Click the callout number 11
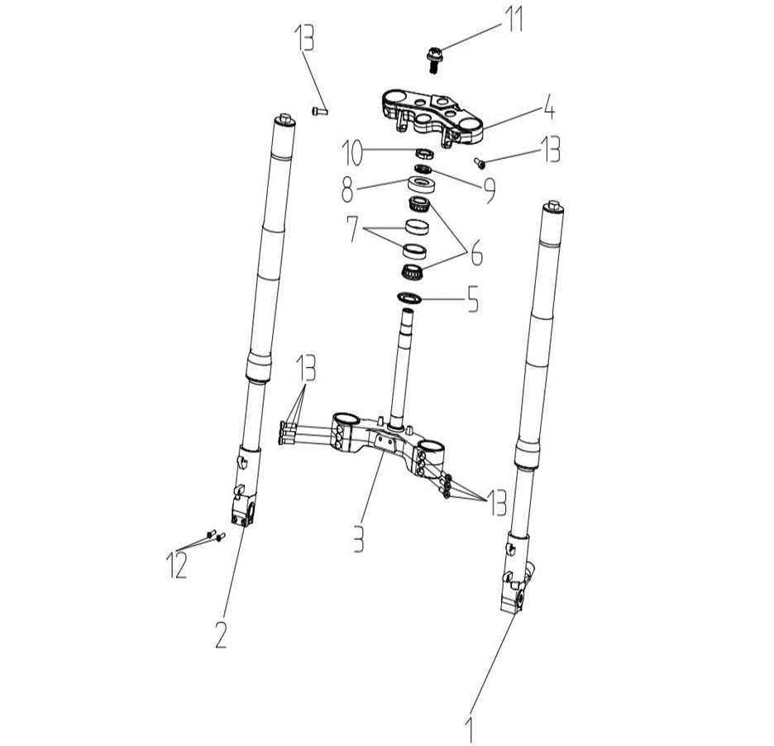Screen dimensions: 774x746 point(513,19)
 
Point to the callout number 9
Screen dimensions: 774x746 point(490,190)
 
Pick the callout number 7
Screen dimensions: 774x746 point(352,228)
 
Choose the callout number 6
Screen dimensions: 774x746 point(476,253)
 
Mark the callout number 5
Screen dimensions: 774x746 point(473,299)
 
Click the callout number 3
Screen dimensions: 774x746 point(359,538)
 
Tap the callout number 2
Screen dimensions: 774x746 point(220,634)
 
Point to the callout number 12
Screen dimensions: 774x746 point(177,565)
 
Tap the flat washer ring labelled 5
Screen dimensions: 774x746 point(408,299)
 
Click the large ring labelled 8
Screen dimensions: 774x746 point(422,187)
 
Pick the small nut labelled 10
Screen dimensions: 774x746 point(424,153)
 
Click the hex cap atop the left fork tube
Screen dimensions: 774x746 point(285,119)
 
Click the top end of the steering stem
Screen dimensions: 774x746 point(408,310)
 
